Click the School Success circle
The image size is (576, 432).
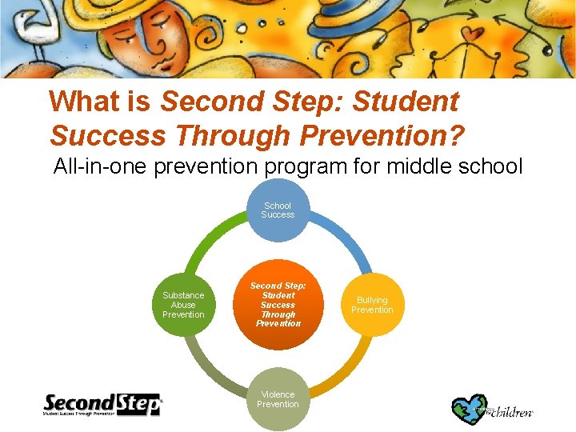[x=278, y=210]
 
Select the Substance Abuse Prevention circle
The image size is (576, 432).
[x=183, y=305]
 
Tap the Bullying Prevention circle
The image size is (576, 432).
[x=372, y=305]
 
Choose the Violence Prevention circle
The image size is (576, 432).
[x=278, y=399]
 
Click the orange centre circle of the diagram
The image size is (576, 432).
[x=278, y=305]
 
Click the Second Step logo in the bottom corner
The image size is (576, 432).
[x=102, y=405]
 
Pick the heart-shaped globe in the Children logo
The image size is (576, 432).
[x=469, y=407]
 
